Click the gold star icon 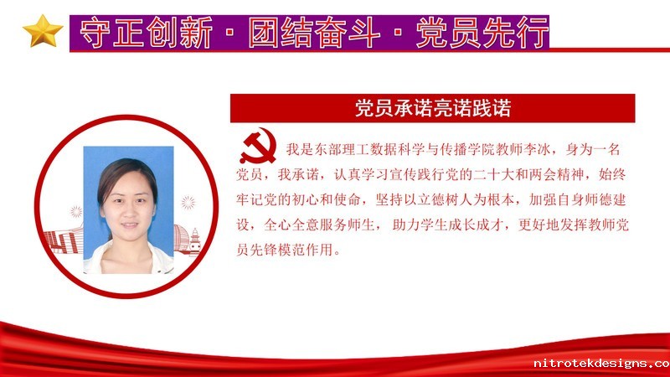43,31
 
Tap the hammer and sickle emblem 258,146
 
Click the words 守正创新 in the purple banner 146,33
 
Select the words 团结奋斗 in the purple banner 314,33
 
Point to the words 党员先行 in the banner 482,33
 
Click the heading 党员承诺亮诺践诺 433,108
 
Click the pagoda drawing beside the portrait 195,241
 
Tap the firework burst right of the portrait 188,203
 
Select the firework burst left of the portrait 76,212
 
